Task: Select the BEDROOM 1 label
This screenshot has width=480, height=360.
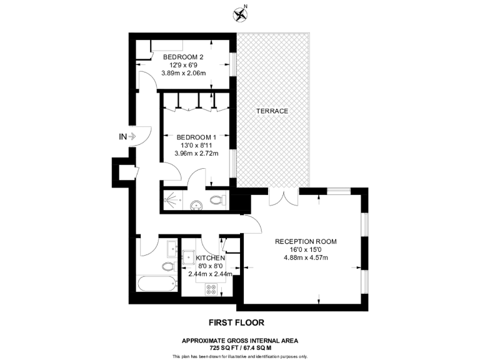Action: (x=196, y=137)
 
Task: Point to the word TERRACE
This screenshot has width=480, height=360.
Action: (x=272, y=111)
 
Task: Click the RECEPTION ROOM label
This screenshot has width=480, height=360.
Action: (x=306, y=241)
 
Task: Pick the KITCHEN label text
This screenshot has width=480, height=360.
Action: (x=210, y=257)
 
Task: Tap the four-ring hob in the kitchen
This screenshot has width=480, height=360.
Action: (x=211, y=289)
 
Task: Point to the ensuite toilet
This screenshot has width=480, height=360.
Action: (x=217, y=201)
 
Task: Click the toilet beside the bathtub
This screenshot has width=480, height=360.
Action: (x=167, y=266)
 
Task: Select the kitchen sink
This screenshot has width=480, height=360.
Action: (x=188, y=256)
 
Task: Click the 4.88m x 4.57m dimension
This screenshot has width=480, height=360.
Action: (x=306, y=257)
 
